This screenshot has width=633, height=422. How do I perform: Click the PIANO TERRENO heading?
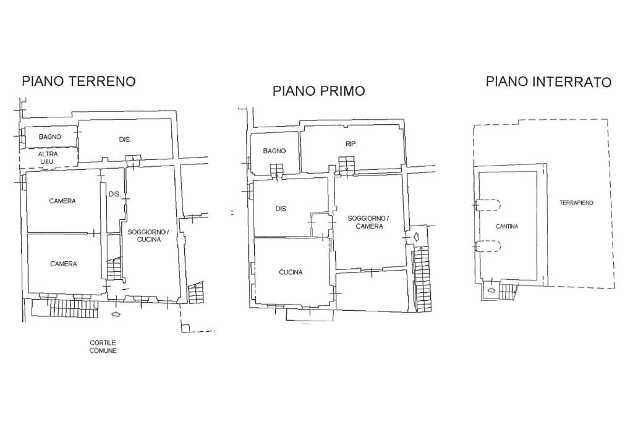click(79, 81)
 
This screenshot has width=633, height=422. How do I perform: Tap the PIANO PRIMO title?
click(319, 91)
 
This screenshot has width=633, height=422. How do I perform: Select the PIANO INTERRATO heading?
click(549, 82)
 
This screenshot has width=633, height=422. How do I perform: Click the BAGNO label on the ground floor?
click(50, 137)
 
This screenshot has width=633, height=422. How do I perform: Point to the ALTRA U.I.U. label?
click(48, 158)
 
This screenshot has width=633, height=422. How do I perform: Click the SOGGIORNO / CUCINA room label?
click(147, 235)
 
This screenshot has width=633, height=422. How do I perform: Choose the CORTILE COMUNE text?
click(103, 347)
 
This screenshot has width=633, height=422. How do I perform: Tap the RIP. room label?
click(352, 143)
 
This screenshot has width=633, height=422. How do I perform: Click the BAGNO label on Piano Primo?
click(274, 151)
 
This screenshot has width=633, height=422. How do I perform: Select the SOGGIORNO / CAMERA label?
click(368, 222)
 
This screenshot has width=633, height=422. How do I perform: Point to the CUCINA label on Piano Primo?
click(291, 272)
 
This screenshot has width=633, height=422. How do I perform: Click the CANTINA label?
click(507, 226)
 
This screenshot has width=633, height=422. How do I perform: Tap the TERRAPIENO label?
click(577, 203)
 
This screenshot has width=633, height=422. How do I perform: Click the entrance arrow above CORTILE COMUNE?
click(116, 313)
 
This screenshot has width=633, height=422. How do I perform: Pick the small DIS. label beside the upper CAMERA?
click(114, 194)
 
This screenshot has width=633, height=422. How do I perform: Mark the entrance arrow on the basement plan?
click(491, 290)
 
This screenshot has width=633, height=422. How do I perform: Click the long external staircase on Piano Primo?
click(422, 279)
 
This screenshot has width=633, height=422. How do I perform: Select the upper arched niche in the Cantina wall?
click(488, 205)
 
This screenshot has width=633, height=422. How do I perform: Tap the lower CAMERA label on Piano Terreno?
click(64, 264)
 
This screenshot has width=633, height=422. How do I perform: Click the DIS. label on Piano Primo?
click(281, 209)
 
